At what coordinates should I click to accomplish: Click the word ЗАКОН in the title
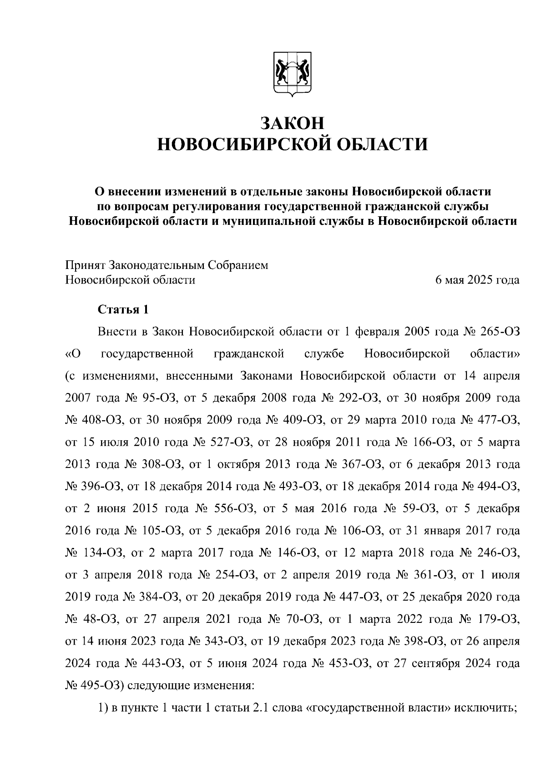coord(293,124)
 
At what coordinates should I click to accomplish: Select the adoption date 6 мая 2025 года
coord(477,280)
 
